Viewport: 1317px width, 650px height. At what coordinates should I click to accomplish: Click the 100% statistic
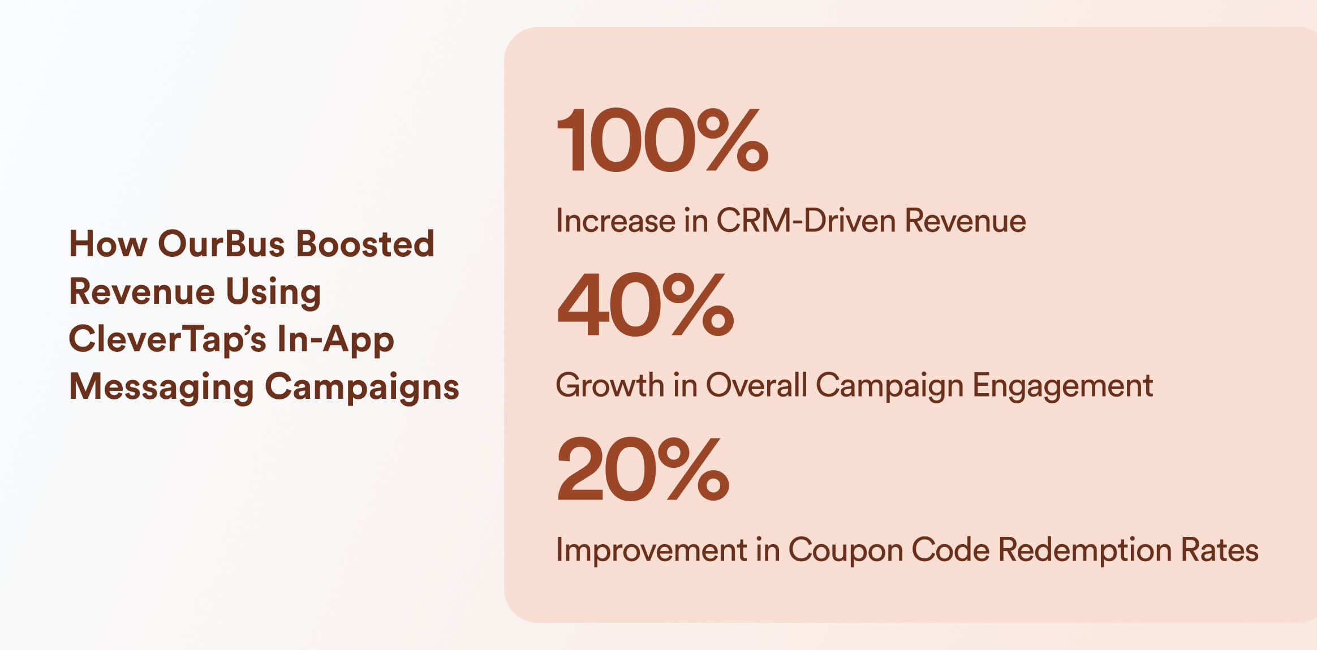[662, 140]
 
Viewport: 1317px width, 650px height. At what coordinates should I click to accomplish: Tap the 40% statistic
[645, 304]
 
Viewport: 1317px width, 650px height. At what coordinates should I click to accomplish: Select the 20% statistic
[643, 469]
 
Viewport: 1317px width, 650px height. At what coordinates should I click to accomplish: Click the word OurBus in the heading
[221, 244]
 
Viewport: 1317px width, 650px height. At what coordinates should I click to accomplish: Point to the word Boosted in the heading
[365, 244]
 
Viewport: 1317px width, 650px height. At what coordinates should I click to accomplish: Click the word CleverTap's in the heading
[167, 339]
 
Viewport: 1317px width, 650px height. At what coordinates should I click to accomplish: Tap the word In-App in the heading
[335, 340]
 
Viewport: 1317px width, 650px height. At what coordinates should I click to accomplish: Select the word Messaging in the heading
[161, 388]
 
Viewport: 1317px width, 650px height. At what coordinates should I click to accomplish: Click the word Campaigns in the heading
[362, 388]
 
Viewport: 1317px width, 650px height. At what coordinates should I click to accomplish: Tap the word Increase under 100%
[616, 220]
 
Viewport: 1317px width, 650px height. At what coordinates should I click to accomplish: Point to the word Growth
[610, 385]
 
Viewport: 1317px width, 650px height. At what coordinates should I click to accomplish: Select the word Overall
[756, 385]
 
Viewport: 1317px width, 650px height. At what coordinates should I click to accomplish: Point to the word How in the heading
[107, 244]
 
